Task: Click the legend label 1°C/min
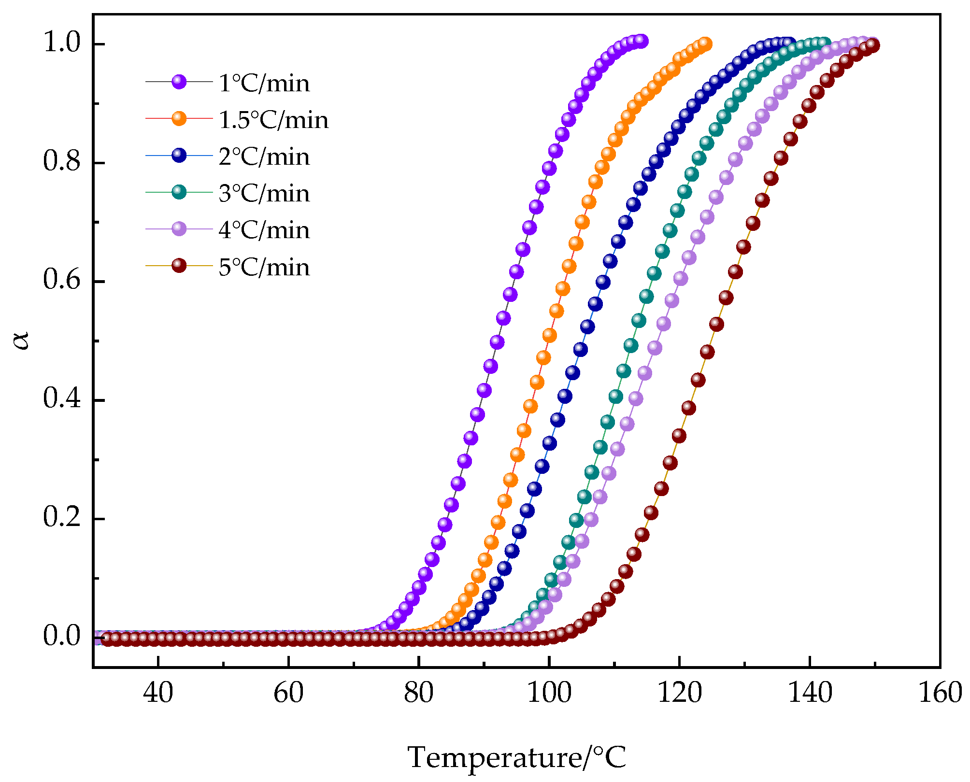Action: pos(264,83)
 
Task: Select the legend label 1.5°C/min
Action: pos(273,120)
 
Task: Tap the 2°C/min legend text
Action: pos(264,156)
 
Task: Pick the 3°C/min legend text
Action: pos(264,193)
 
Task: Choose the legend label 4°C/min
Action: pos(264,230)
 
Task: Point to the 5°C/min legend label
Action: pos(264,267)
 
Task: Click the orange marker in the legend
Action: pos(179,118)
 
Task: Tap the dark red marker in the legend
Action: pos(179,265)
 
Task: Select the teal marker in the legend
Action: pos(179,192)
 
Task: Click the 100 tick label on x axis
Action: pos(549,693)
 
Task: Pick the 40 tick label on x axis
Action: pos(158,693)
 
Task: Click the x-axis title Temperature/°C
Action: pos(517,757)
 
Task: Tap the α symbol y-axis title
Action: pos(22,340)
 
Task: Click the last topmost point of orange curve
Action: pos(705,44)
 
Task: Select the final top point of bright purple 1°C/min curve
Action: pos(641,41)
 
